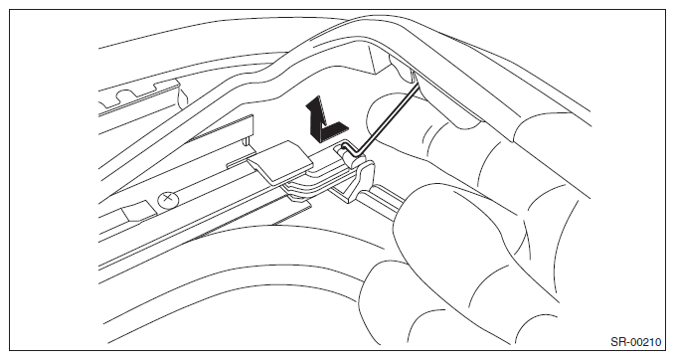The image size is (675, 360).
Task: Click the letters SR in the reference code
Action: pos(617,342)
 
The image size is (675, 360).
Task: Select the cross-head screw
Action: pos(166,199)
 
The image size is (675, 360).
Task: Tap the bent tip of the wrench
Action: pos(347,148)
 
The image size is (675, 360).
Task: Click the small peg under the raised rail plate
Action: pos(246,141)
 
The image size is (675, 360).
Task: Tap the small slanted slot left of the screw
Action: pos(138,212)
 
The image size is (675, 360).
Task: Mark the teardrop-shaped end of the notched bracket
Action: pos(182,95)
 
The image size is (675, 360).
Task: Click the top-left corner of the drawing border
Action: pos(10,10)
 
